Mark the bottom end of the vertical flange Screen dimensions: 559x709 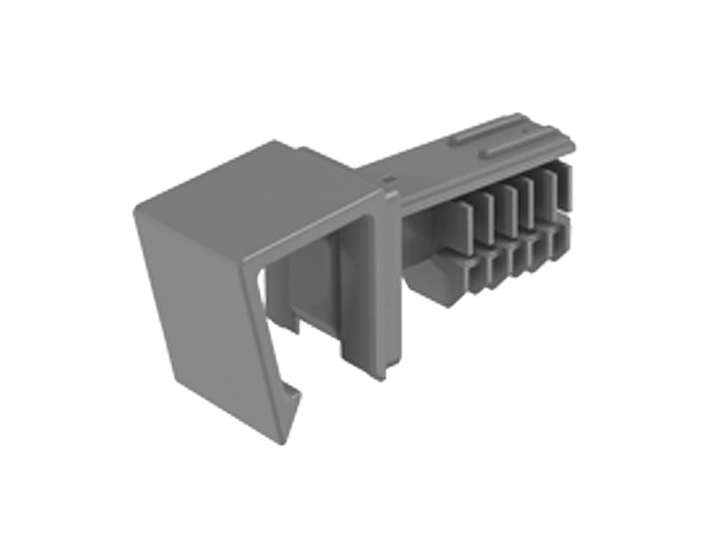coord(392,375)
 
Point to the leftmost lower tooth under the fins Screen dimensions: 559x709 coord(476,276)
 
